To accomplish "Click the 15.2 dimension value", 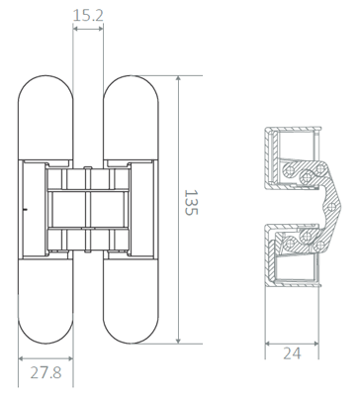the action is coord(88,15).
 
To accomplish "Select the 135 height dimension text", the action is coord(191,202).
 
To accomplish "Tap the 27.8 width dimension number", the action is coord(46,373).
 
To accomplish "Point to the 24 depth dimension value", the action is coord(292,353).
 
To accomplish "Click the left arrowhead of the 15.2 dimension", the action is coord(75,29).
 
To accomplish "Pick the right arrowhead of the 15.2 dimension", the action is coord(101,29).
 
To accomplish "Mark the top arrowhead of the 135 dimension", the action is coord(178,78).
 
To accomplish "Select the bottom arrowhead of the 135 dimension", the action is coord(178,341).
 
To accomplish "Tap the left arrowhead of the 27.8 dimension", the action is coord(21,358).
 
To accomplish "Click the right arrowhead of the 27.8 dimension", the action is coord(70,358).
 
